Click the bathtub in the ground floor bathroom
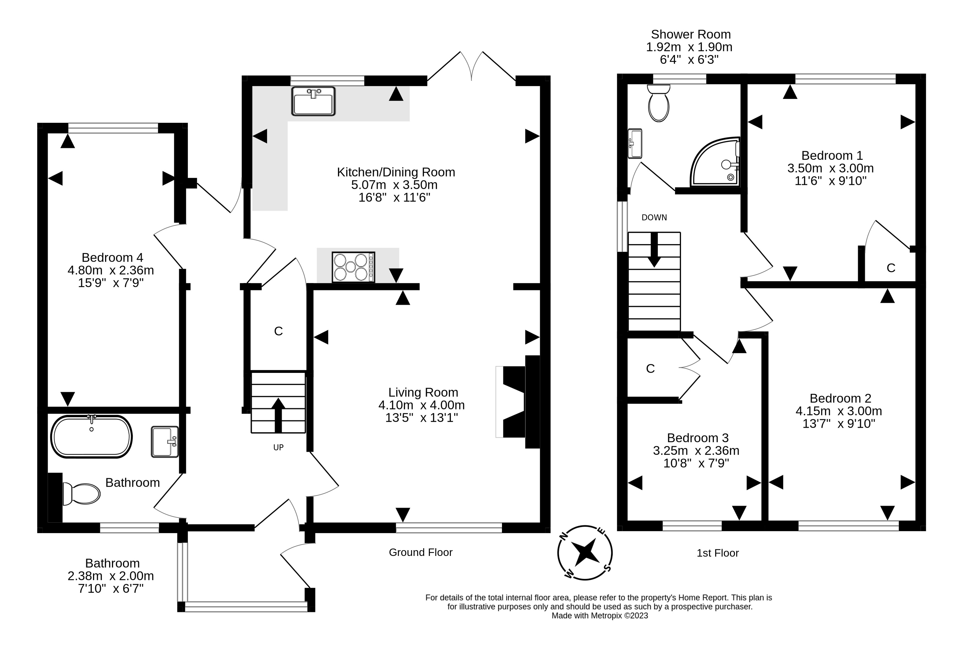click(x=91, y=437)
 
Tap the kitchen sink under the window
click(x=313, y=101)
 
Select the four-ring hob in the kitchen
click(x=353, y=267)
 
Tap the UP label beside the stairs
click(x=279, y=447)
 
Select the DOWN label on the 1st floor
click(x=654, y=217)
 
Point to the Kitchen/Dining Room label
click(x=396, y=172)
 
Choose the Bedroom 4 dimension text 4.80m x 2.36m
click(x=111, y=270)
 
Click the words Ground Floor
click(x=421, y=552)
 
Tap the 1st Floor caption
click(x=718, y=553)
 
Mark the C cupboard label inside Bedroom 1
click(x=891, y=268)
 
